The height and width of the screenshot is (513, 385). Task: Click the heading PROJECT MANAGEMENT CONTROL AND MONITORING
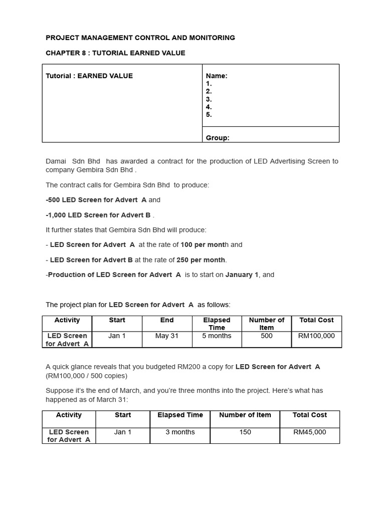[140, 38]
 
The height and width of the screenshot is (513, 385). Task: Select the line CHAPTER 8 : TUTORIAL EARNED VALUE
[115, 53]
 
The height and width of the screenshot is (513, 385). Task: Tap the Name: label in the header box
[217, 76]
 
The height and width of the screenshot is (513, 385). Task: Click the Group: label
[218, 138]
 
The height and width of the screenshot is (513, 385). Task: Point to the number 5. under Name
[209, 114]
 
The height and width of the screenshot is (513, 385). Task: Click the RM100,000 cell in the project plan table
[316, 336]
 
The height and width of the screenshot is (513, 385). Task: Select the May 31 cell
[167, 336]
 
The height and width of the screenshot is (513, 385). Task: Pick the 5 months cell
[217, 336]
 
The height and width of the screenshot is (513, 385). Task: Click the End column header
[167, 320]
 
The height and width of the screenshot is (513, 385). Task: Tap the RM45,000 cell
[309, 432]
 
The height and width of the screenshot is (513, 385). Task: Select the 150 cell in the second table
[245, 432]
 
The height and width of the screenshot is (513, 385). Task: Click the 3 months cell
[180, 432]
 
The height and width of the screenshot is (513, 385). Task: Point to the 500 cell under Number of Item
[267, 336]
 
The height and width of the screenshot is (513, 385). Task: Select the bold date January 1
[242, 275]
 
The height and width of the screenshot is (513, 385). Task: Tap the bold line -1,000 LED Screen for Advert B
[98, 215]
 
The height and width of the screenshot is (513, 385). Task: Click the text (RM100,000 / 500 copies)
[86, 376]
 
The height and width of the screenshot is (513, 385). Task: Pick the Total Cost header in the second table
[309, 415]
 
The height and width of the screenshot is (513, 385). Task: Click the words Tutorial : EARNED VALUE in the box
[89, 76]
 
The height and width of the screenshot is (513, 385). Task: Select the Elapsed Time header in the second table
[180, 415]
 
